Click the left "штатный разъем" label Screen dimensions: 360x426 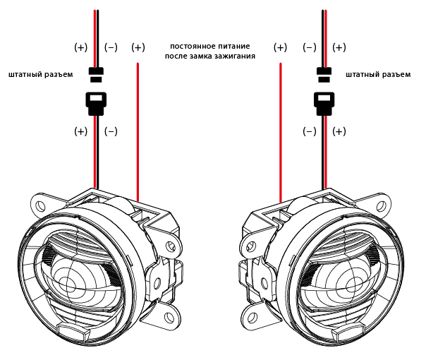pyautogui.click(x=40, y=74)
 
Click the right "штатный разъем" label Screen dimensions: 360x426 pyautogui.click(x=377, y=74)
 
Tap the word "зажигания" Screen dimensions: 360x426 pyautogui.click(x=236, y=55)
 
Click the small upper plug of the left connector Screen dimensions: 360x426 pyautogui.click(x=96, y=73)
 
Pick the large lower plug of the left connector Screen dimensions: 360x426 pyautogui.click(x=96, y=104)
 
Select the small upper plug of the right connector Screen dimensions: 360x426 pyautogui.click(x=324, y=73)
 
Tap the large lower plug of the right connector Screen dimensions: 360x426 pyautogui.click(x=324, y=104)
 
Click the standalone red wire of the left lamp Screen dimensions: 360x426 pyautogui.click(x=138, y=127)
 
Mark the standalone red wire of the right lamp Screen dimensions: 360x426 pyautogui.click(x=281, y=127)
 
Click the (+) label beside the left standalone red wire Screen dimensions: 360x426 pyautogui.click(x=138, y=47)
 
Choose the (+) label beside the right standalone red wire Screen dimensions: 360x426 pyautogui.click(x=280, y=47)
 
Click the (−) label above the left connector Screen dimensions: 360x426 pyautogui.click(x=111, y=47)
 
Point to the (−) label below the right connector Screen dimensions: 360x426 pyautogui.click(x=309, y=131)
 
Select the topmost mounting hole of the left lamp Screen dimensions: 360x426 pyautogui.click(x=41, y=206)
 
